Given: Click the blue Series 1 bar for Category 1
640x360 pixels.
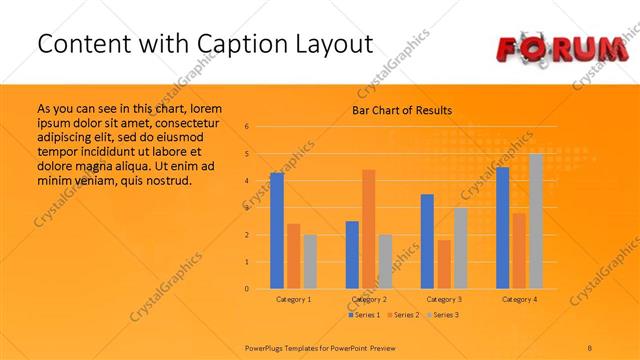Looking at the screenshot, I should pos(277,231).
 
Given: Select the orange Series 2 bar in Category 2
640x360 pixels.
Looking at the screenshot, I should pos(368,229).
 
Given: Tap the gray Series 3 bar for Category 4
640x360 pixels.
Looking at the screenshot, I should pos(536,221).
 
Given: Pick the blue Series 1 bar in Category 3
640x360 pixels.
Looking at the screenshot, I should pos(427,241).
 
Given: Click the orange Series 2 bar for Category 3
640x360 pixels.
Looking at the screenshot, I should pos(443,264).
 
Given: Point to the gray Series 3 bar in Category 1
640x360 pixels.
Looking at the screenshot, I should pos(310,262).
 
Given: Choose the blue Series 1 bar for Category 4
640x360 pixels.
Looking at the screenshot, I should pos(502,228).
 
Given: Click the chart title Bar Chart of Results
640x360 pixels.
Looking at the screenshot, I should pos(402,110).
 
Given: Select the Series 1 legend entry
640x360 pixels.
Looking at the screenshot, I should pos(364,315).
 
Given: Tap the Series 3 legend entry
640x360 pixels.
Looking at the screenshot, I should pos(441,315).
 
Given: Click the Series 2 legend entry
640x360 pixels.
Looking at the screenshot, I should pos(402,315).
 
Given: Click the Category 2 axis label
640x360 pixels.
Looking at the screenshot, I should pos(368,299).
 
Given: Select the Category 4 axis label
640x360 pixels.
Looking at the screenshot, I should pos(519,299).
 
